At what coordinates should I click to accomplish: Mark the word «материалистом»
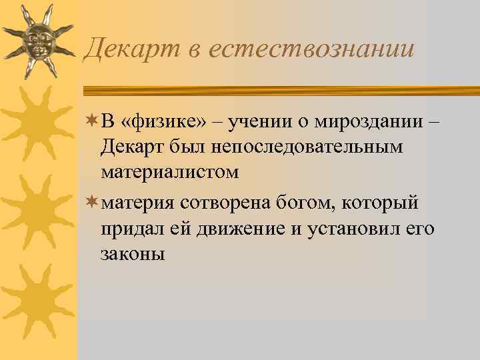(x=169, y=173)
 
